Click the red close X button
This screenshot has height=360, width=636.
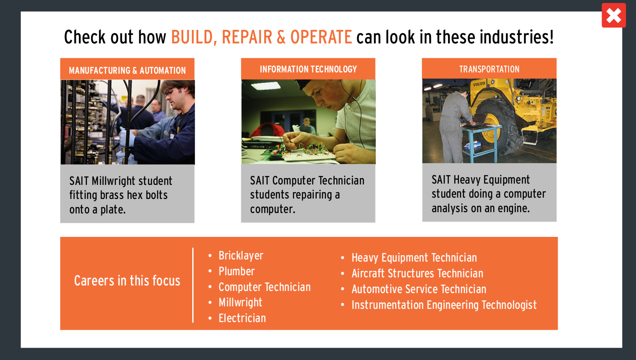click(613, 15)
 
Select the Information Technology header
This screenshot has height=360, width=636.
click(308, 69)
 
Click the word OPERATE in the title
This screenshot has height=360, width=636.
click(321, 37)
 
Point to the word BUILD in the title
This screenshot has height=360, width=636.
click(192, 37)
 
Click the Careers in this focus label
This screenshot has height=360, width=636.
click(127, 281)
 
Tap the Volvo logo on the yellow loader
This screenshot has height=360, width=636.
click(479, 84)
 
